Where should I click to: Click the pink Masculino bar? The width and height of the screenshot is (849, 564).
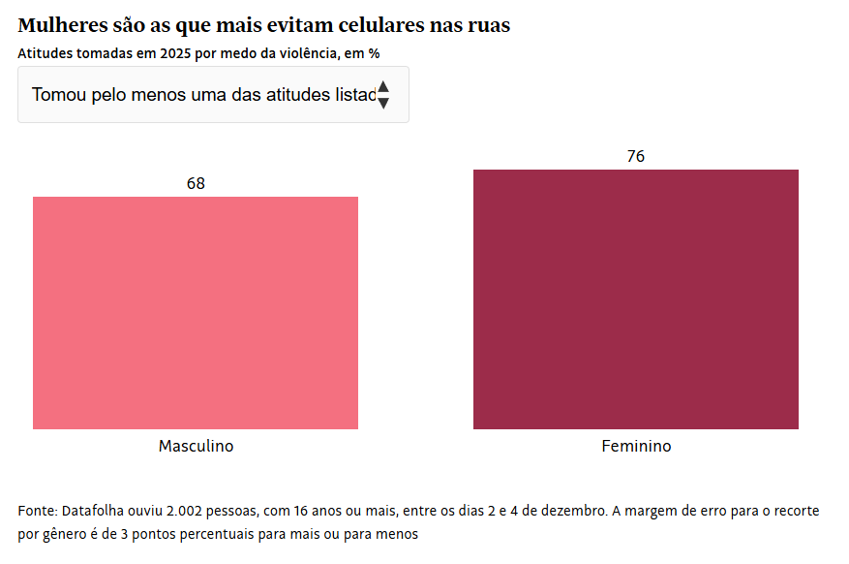pyautogui.click(x=196, y=313)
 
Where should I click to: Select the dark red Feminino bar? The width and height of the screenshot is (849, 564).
pyautogui.click(x=635, y=299)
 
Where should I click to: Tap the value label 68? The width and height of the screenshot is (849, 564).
pyautogui.click(x=196, y=183)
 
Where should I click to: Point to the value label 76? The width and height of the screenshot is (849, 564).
pyautogui.click(x=635, y=156)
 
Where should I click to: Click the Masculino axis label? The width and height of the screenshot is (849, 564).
pyautogui.click(x=196, y=447)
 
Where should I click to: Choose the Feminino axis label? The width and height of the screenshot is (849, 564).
pyautogui.click(x=636, y=447)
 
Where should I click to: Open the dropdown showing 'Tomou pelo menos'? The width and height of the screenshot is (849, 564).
pyautogui.click(x=203, y=95)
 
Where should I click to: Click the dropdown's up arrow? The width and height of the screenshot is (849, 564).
pyautogui.click(x=383, y=87)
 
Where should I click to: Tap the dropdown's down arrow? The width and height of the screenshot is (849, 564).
pyautogui.click(x=383, y=103)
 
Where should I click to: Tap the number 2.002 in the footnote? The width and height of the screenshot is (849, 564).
pyautogui.click(x=186, y=510)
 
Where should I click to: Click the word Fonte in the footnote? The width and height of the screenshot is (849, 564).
pyautogui.click(x=37, y=510)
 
